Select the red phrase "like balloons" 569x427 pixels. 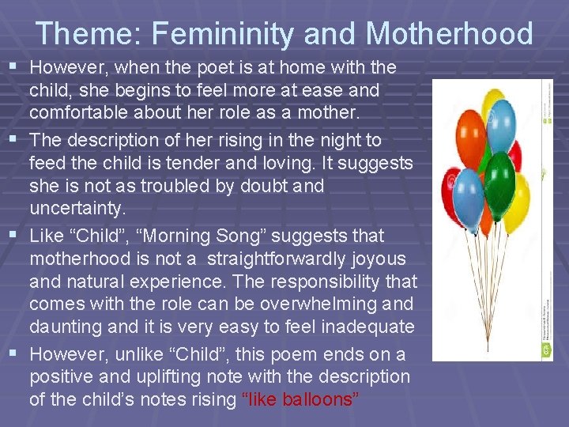pyautogui.click(x=299, y=399)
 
